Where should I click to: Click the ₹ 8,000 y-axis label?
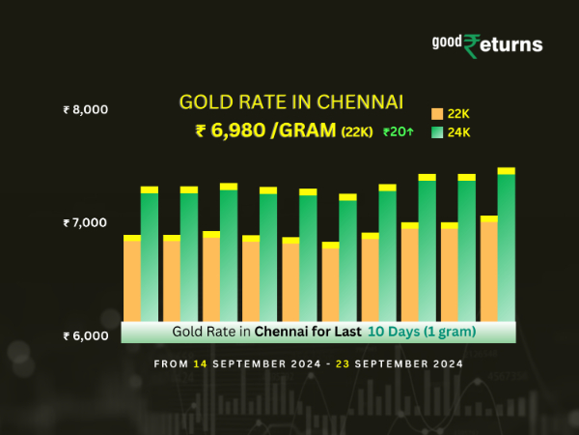84,110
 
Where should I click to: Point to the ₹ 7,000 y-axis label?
84,223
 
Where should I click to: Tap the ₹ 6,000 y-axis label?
84,336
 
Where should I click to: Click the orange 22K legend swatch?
437,114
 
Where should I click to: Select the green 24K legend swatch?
437,132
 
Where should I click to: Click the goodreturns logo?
486,44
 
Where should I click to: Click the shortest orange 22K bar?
330,282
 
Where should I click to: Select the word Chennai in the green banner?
288,332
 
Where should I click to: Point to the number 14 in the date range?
199,364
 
